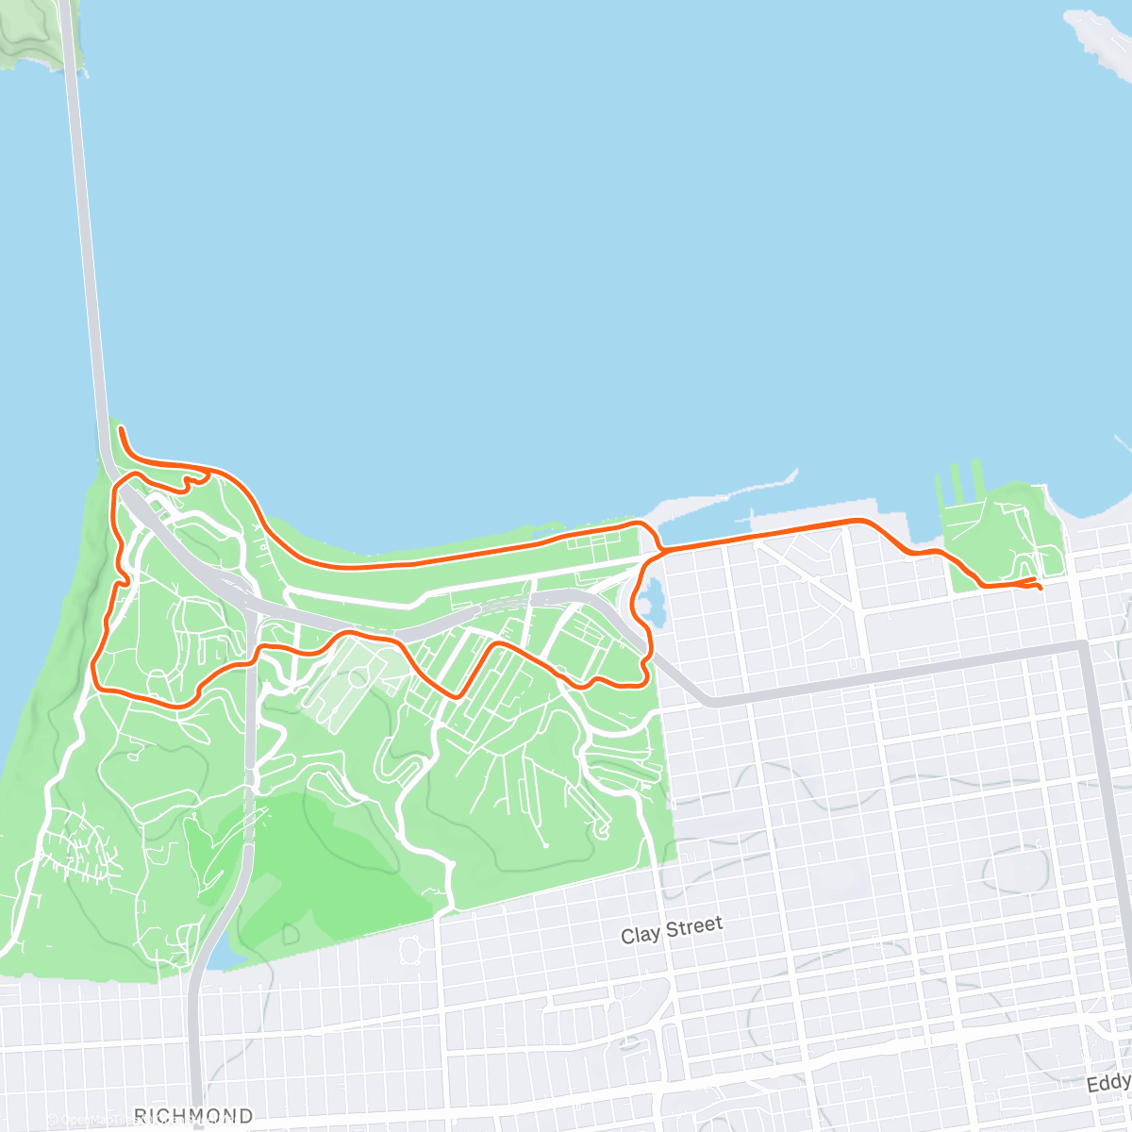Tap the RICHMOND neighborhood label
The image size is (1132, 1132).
tap(193, 1116)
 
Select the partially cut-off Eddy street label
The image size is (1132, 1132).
tap(1108, 1082)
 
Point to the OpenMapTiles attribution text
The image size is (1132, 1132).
tap(94, 1121)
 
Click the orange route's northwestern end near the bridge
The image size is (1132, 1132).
tap(121, 429)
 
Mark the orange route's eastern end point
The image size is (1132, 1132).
tap(1040, 589)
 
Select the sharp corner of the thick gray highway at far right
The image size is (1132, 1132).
tap(1083, 646)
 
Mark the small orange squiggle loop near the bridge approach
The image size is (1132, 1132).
tap(193, 480)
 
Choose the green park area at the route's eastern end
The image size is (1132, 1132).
tap(1005, 533)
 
